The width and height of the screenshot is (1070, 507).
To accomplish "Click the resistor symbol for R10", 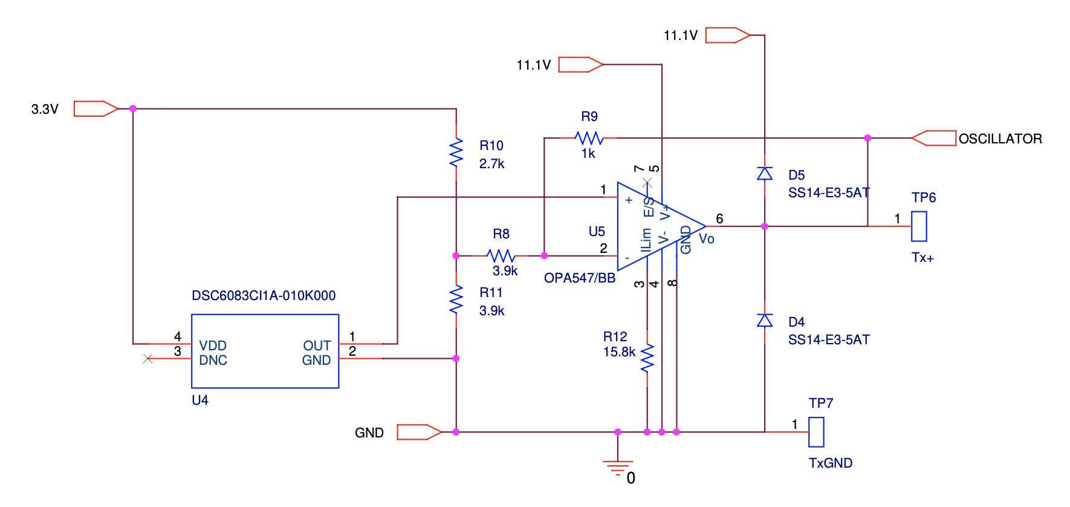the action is pyautogui.click(x=456, y=152).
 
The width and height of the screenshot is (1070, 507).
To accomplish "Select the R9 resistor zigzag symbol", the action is pyautogui.click(x=589, y=138).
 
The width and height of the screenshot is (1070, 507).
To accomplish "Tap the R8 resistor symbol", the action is pyautogui.click(x=501, y=256).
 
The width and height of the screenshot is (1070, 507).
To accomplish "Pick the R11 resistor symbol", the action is pyautogui.click(x=456, y=299).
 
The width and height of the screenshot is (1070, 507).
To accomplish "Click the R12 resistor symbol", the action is pyautogui.click(x=647, y=358).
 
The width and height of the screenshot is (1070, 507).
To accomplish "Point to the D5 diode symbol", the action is pyautogui.click(x=765, y=174).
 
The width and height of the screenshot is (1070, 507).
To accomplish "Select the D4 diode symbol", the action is pyautogui.click(x=765, y=321).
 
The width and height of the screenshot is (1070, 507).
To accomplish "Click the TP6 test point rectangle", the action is pyautogui.click(x=919, y=226).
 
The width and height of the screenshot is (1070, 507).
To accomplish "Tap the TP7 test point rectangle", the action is pyautogui.click(x=816, y=432).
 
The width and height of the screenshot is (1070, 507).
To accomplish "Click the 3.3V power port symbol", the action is pyautogui.click(x=96, y=108).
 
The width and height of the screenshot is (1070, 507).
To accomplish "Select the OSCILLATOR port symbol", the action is pyautogui.click(x=933, y=138).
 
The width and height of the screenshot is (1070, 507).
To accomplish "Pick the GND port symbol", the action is pyautogui.click(x=420, y=432).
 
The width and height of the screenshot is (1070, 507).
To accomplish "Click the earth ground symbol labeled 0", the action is pyautogui.click(x=618, y=468).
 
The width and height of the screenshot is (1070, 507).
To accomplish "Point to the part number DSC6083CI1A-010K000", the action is pyautogui.click(x=264, y=296).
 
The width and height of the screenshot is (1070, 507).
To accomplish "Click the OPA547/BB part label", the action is pyautogui.click(x=580, y=278).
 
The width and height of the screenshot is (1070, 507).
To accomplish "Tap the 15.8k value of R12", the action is pyautogui.click(x=619, y=352).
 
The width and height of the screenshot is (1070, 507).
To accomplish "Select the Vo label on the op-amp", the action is pyautogui.click(x=707, y=239).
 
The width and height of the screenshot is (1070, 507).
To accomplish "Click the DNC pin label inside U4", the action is pyautogui.click(x=213, y=361).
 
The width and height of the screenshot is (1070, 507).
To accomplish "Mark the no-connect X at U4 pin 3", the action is pyautogui.click(x=148, y=359).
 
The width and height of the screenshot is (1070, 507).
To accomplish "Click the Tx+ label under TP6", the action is pyautogui.click(x=922, y=258).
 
